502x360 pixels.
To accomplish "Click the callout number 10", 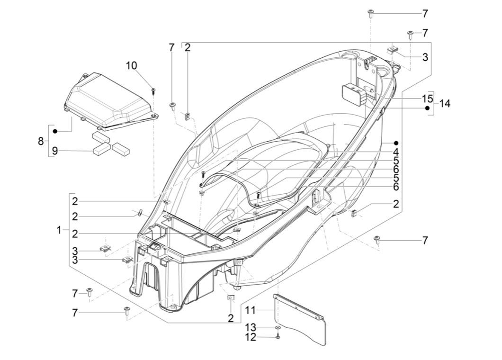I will click(x=132, y=65).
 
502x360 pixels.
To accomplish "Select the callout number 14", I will click(x=445, y=103).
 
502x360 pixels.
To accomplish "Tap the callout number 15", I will click(x=427, y=99).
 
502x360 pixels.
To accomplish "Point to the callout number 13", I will click(x=251, y=328).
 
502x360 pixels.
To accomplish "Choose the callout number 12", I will click(x=251, y=337).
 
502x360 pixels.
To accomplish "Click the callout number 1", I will click(x=59, y=230).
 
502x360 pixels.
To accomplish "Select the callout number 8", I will click(x=41, y=141).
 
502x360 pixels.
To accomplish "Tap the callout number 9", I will click(x=55, y=151).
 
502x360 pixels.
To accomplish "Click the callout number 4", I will click(x=395, y=153).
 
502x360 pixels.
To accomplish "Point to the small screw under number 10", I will click(x=153, y=90).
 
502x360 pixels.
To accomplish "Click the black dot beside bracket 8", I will click(x=55, y=131).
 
